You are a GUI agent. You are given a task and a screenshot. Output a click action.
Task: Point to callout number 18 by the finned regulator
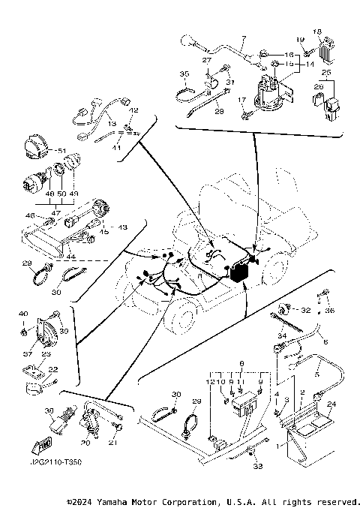coord(316,32)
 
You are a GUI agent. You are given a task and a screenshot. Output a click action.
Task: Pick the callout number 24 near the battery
coord(332,403)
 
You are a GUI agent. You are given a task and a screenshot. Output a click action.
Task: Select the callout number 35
coord(184,74)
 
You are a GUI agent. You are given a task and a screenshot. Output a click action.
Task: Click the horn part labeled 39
coord(37,327)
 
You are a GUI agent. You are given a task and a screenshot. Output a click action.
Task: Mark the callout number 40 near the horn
coord(23,314)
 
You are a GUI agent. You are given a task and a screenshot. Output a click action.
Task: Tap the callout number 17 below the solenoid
coord(241,100)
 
